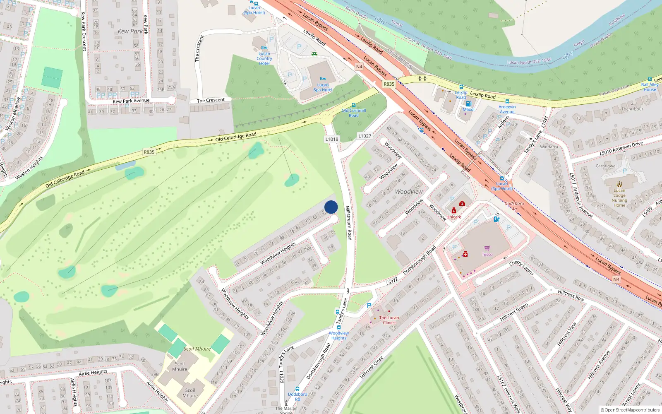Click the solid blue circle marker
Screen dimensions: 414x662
[331, 207]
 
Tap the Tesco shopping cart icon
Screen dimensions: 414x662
[487, 248]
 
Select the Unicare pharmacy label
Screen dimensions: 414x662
[453, 217]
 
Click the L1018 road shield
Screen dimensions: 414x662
[332, 139]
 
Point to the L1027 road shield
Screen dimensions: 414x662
[365, 136]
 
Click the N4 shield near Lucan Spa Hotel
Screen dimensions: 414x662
[359, 67]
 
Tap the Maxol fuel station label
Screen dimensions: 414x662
[468, 110]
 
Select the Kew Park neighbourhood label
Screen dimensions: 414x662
[130, 31]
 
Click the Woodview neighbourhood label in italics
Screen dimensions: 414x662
[409, 192]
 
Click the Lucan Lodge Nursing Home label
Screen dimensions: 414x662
[619, 198]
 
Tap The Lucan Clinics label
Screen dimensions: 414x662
[389, 320]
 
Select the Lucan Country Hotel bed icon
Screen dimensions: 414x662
[264, 48]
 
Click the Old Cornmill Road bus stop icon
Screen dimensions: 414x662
[354, 105]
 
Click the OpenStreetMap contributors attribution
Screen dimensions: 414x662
[630, 410]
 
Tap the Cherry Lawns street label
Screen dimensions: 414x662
[521, 268]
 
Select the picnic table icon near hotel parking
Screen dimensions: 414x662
[314, 54]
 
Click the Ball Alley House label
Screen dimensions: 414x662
[650, 87]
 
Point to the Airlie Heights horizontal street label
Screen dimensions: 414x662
[93, 373]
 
